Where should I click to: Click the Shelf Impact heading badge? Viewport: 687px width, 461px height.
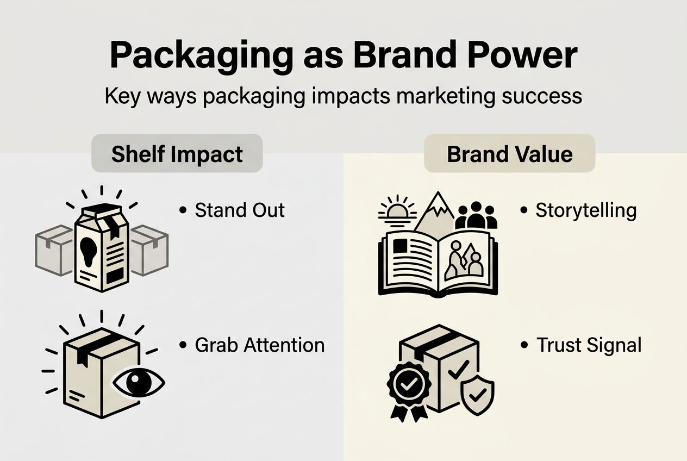pyautogui.click(x=177, y=154)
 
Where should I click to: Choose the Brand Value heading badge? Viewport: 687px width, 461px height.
pyautogui.click(x=509, y=154)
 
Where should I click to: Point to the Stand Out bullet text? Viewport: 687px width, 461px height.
pyautogui.click(x=240, y=210)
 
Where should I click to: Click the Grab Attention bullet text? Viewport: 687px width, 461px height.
pyautogui.click(x=260, y=345)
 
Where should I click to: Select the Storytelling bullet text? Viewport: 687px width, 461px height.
pyautogui.click(x=586, y=210)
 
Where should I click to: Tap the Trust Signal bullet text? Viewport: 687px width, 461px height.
pyautogui.click(x=589, y=345)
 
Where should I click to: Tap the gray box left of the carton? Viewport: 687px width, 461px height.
pyautogui.click(x=54, y=251)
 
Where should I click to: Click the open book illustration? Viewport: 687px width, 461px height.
pyautogui.click(x=438, y=263)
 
